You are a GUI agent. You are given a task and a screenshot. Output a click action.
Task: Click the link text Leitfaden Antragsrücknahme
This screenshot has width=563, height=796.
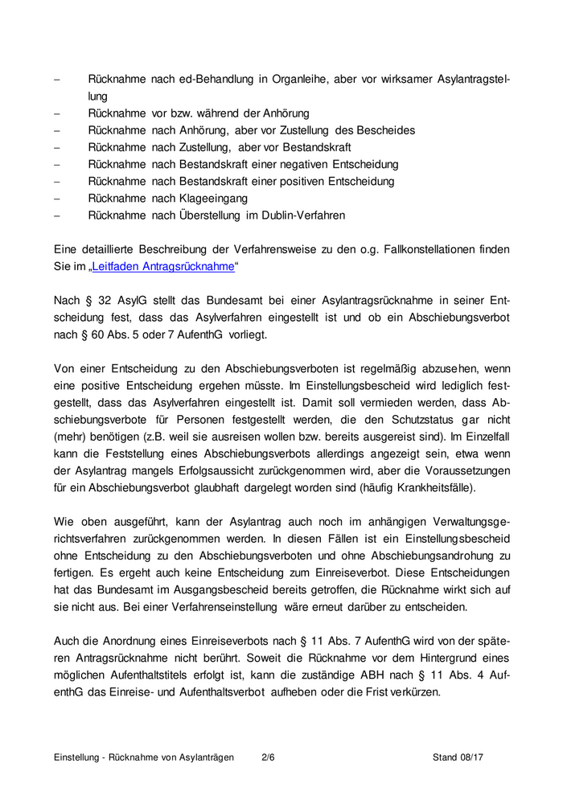(165, 266)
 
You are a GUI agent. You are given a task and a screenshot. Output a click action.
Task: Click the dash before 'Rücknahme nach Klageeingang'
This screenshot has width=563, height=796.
(56, 198)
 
